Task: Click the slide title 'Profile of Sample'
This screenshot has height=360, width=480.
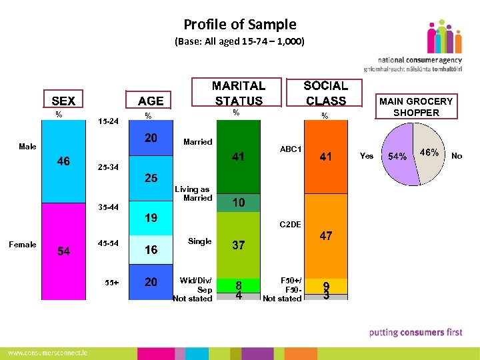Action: click(239, 25)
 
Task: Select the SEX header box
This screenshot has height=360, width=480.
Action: click(63, 101)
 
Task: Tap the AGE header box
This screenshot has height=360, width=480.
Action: click(150, 101)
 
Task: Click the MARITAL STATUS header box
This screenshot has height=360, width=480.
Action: click(238, 93)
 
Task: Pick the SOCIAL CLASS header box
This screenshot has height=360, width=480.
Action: click(325, 93)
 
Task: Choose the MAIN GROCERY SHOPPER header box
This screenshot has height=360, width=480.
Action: click(415, 107)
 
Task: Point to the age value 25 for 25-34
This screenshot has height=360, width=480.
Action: click(151, 179)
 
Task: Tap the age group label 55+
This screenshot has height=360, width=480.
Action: click(111, 282)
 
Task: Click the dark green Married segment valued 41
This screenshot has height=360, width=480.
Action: click(238, 157)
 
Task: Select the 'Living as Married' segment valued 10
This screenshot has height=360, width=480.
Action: click(238, 203)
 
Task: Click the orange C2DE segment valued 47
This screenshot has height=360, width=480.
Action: click(325, 236)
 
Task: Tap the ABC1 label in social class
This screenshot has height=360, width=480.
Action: click(290, 149)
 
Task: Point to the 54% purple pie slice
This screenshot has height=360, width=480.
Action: click(399, 156)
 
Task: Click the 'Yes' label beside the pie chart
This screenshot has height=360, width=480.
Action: click(367, 156)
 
